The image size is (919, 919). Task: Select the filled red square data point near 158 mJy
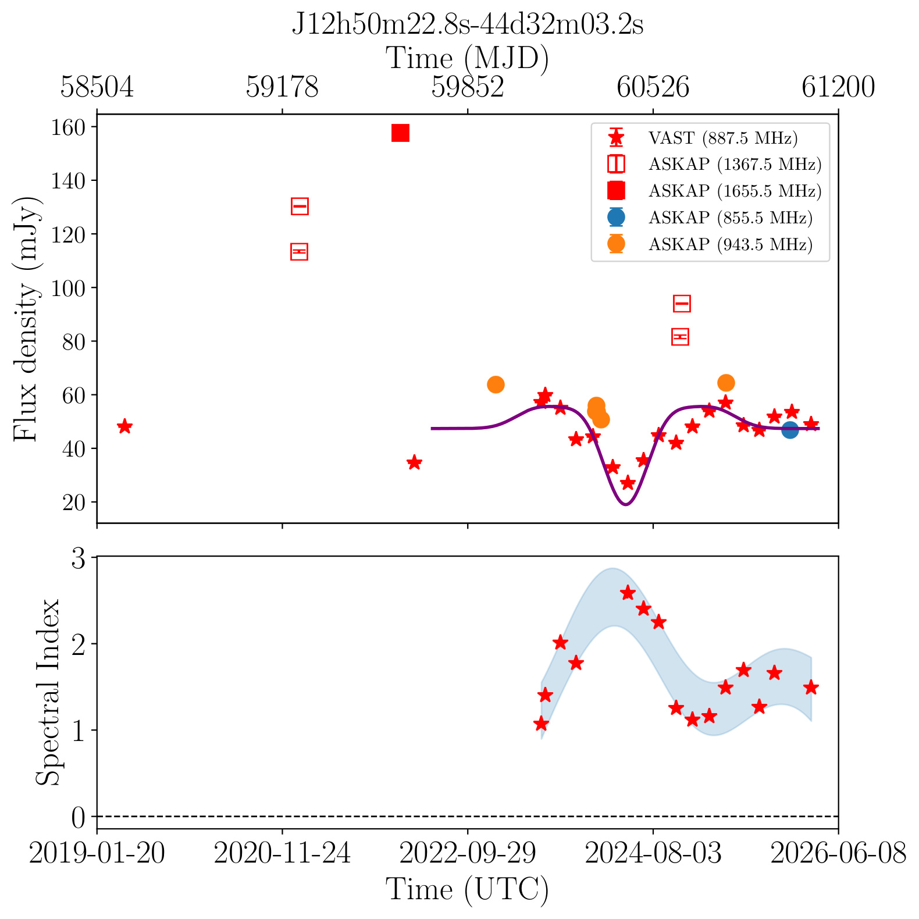tap(400, 133)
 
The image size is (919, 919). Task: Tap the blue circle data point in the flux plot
tap(789, 430)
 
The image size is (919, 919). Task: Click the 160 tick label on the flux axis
tap(69, 127)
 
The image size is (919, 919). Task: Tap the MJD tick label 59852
tap(468, 87)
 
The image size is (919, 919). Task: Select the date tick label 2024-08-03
tap(653, 854)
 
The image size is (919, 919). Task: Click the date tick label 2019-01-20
tap(97, 854)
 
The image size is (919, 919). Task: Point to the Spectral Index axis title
tap(48, 692)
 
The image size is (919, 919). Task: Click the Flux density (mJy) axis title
tap(26, 319)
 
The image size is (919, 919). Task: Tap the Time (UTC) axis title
tap(467, 890)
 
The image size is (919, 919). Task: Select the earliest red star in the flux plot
tap(124, 426)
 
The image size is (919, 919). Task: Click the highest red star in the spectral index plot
tap(627, 593)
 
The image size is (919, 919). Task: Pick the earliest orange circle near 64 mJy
tap(495, 384)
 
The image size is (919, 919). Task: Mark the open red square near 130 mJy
tap(300, 206)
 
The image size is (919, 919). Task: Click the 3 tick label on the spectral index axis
tap(79, 558)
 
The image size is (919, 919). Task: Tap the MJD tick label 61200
tap(838, 87)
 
